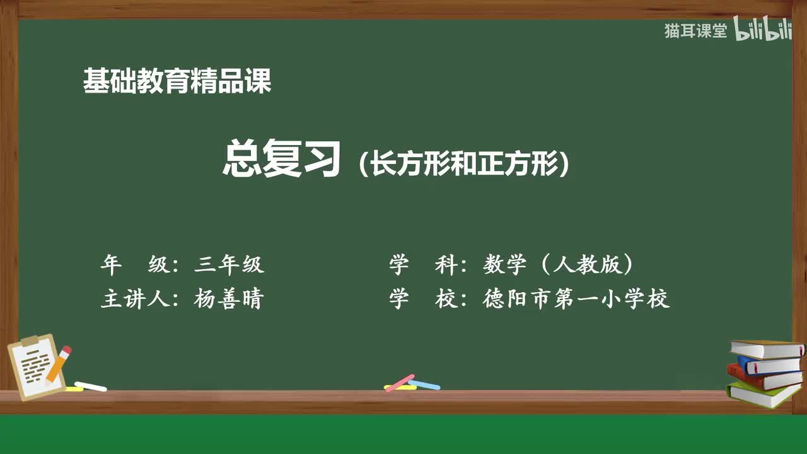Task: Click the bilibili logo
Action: click(x=763, y=30)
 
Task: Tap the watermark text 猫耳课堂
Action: click(x=695, y=31)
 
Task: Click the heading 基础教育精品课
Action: click(x=177, y=81)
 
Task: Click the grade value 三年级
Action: click(x=229, y=265)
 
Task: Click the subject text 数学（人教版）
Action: click(x=558, y=265)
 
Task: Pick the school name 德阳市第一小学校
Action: click(x=576, y=298)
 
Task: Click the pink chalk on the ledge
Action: click(x=399, y=383)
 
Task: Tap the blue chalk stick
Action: click(x=424, y=385)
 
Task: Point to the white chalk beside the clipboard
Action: click(x=90, y=386)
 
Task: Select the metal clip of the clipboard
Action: click(x=30, y=341)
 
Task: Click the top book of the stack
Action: click(x=766, y=349)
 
